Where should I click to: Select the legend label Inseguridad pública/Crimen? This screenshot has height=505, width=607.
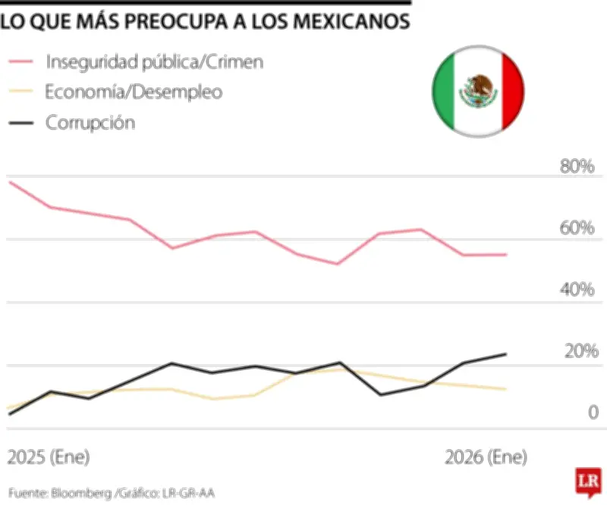click(x=155, y=62)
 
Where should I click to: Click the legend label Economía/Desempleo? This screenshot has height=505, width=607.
click(x=134, y=93)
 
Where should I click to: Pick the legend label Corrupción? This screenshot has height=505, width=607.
click(x=90, y=123)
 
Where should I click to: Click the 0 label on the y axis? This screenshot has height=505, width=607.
click(x=593, y=413)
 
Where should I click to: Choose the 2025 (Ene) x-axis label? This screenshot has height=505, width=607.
click(x=49, y=458)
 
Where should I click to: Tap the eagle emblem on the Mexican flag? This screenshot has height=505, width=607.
click(x=479, y=92)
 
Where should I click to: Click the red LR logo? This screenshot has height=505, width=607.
click(x=584, y=481)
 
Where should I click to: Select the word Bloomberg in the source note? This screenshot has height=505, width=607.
click(x=81, y=494)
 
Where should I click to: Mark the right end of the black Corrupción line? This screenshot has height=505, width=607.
click(x=506, y=354)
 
